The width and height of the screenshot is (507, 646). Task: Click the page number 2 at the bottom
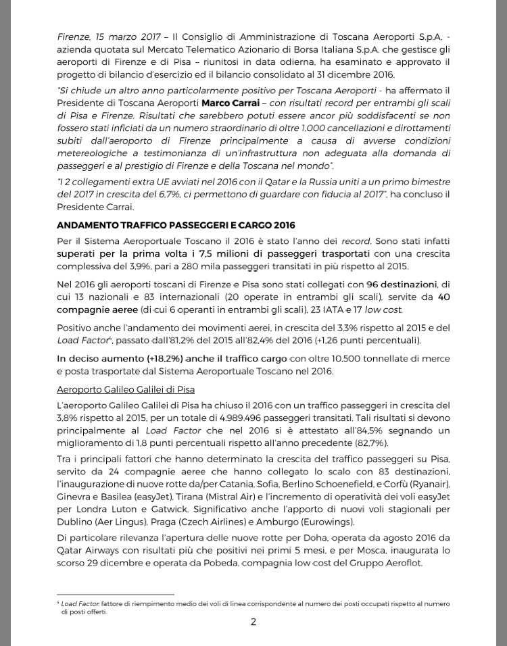254,622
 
